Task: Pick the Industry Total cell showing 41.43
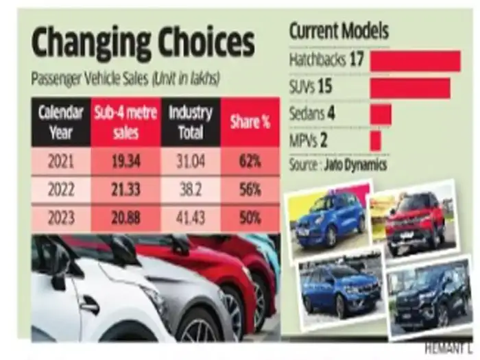tap(191, 218)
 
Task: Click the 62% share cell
tap(250, 162)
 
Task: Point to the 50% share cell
tap(250, 218)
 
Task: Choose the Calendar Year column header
tap(60, 121)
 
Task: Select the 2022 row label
tap(60, 190)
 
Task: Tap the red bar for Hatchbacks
tap(415, 61)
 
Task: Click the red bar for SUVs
tap(410, 88)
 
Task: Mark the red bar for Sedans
tap(381, 114)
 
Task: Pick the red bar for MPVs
tap(375, 140)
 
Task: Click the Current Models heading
tap(339, 31)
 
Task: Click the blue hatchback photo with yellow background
tap(328, 219)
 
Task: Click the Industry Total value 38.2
tap(191, 190)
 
